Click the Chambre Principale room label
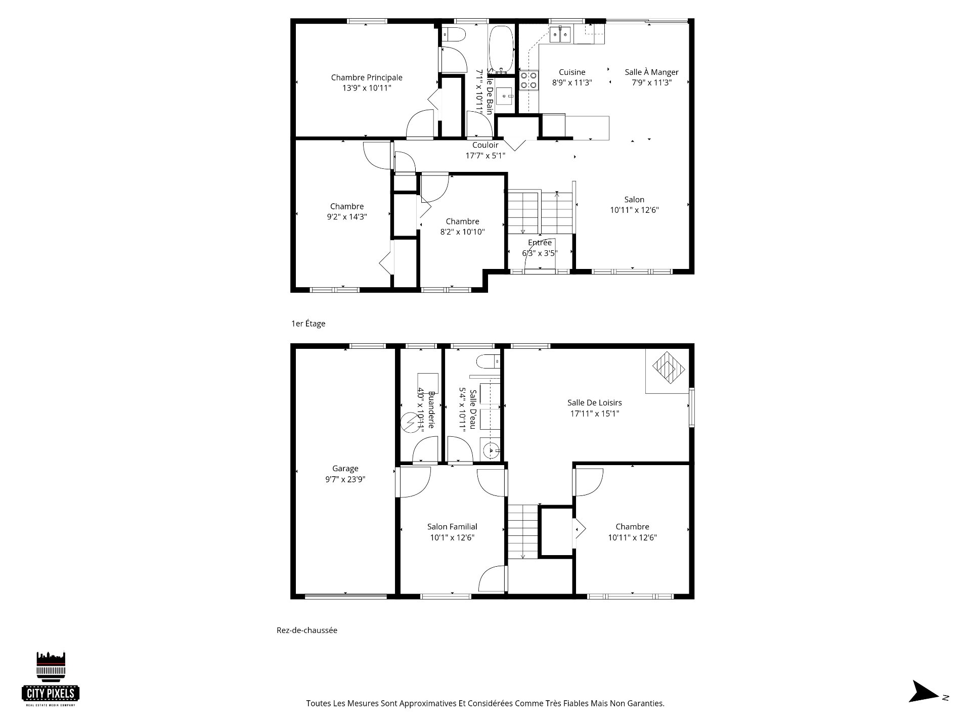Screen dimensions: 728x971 tap(367, 77)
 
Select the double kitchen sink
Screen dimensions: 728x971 tap(561, 34)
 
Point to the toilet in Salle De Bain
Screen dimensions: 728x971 tap(454, 35)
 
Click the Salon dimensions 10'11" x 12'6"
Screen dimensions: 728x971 tap(634, 210)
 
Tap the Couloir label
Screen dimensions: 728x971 tap(485, 145)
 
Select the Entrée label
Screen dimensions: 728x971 tap(540, 243)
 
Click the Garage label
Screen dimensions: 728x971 tap(345, 469)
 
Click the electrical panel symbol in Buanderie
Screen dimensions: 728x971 tap(408, 423)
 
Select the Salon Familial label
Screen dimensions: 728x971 tap(452, 527)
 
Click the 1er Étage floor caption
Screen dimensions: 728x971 tap(308, 324)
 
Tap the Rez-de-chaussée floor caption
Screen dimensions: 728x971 tap(306, 630)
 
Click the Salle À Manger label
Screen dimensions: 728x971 tap(651, 72)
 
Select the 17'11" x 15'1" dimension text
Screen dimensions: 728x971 tap(594, 414)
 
